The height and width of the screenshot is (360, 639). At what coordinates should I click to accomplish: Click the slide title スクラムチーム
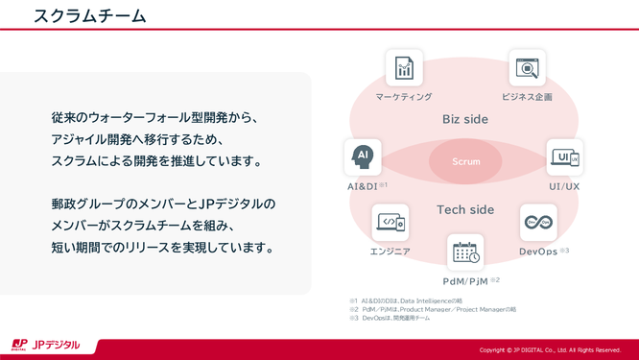89,16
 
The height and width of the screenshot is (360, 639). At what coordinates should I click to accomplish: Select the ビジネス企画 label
527,97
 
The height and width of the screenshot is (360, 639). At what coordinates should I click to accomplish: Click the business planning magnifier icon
527,68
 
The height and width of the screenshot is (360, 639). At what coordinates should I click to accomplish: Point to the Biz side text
465,120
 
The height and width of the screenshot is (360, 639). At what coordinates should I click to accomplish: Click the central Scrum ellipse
466,161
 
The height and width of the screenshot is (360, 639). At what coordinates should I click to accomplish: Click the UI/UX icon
564,157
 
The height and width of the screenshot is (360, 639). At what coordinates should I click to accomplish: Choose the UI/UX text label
564,185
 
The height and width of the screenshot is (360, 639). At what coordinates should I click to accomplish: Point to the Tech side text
465,210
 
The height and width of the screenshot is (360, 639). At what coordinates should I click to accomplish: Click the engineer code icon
390,223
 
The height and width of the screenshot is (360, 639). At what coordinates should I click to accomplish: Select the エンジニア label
390,252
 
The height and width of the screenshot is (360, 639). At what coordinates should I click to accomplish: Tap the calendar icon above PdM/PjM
466,253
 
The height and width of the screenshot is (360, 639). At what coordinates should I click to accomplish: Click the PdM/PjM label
465,281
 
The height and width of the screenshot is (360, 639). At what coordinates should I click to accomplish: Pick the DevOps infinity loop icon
538,223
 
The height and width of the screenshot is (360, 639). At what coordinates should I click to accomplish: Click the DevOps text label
538,252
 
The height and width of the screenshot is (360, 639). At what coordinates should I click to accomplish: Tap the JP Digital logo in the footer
46,346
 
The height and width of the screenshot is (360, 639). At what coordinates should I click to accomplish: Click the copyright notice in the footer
550,349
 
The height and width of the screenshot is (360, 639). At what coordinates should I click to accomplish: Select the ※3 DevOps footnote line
393,318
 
